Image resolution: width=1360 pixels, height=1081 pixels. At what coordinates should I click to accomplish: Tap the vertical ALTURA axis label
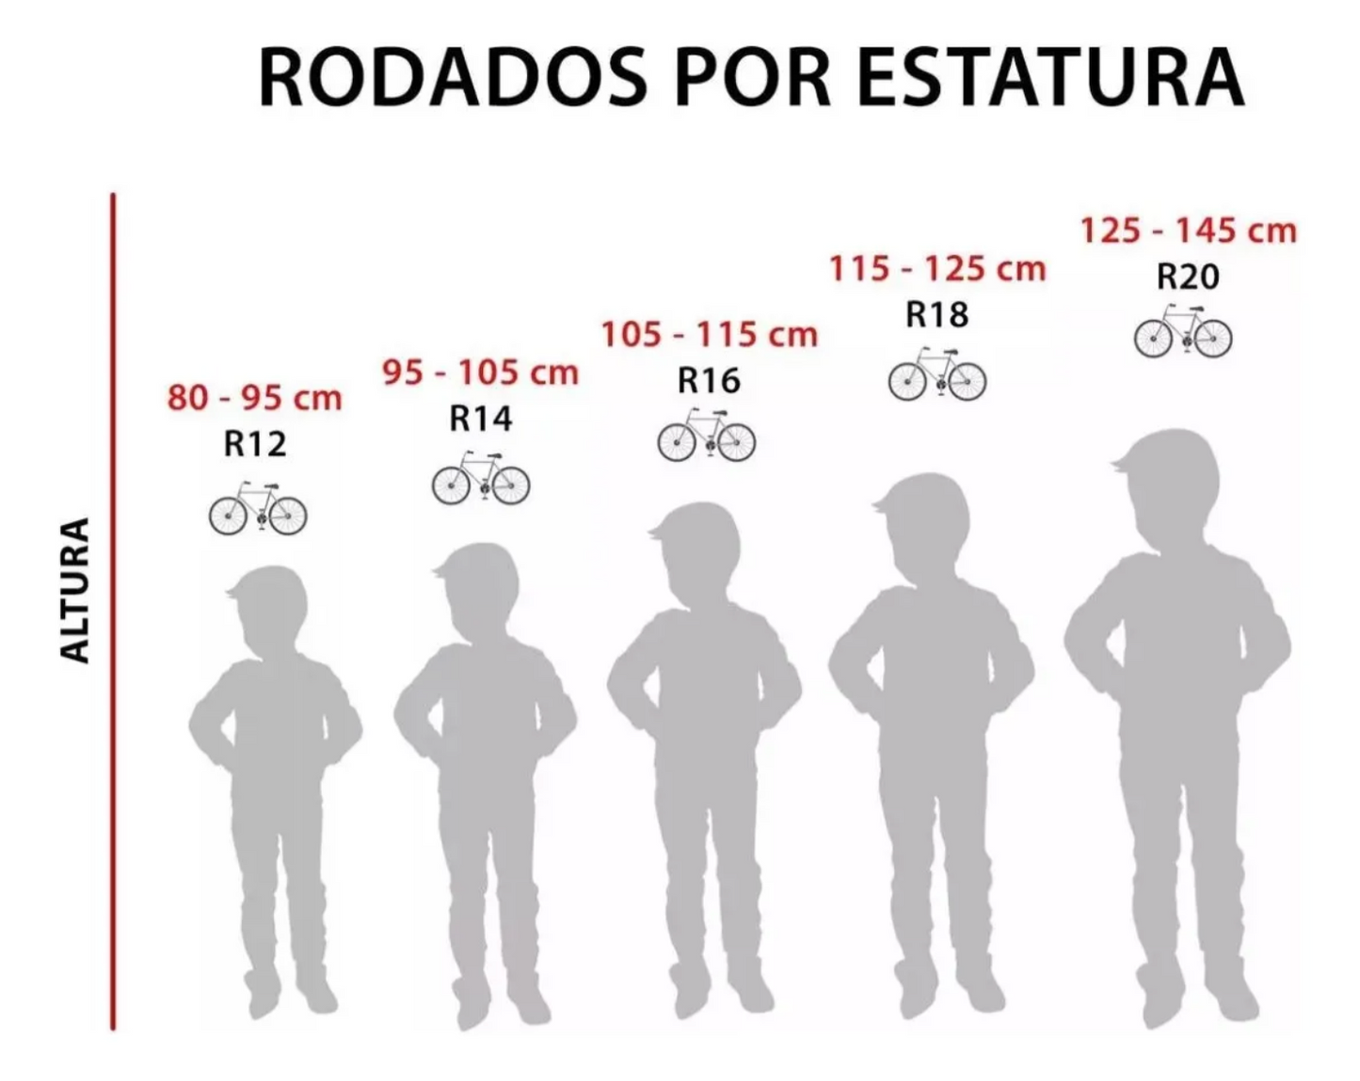[x=75, y=590]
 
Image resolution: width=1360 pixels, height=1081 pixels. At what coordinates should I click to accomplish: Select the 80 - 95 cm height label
[x=254, y=398]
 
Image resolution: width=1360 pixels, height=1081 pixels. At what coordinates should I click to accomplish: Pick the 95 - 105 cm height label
[x=480, y=373]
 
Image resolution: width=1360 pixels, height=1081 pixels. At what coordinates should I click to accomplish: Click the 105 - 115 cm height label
[x=710, y=334]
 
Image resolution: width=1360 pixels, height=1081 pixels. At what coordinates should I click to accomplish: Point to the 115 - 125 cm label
[x=937, y=269]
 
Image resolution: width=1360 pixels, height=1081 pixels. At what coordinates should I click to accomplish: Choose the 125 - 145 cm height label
[x=1188, y=231]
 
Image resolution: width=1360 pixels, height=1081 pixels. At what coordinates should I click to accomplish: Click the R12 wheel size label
[x=255, y=443]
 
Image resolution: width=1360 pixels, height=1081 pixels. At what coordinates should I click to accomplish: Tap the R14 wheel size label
[x=481, y=418]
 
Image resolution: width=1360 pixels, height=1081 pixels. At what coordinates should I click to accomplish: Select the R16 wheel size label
[x=710, y=380]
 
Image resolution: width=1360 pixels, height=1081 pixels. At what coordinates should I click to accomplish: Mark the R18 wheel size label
[x=937, y=314]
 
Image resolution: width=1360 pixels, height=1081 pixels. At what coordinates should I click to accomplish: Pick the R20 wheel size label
[x=1188, y=277]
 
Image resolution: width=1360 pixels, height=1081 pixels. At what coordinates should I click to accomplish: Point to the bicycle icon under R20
[x=1183, y=331]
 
